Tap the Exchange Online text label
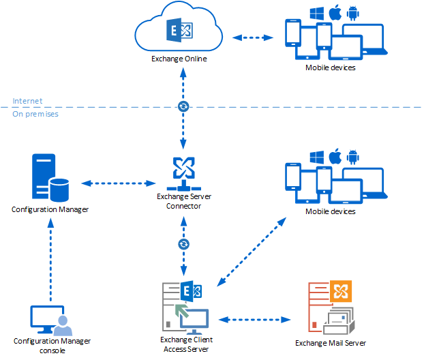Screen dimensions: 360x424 coord(179,59)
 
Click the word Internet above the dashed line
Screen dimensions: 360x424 coord(27,101)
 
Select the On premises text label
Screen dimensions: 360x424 coord(35,114)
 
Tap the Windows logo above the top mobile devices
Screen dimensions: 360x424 coord(316,13)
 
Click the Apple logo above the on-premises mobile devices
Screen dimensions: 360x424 coord(335,157)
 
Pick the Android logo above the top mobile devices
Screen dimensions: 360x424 coord(352,13)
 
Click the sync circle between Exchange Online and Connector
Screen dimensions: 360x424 coord(183,106)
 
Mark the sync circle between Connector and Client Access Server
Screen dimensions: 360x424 coord(183,244)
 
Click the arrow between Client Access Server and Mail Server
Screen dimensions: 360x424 coord(252,318)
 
